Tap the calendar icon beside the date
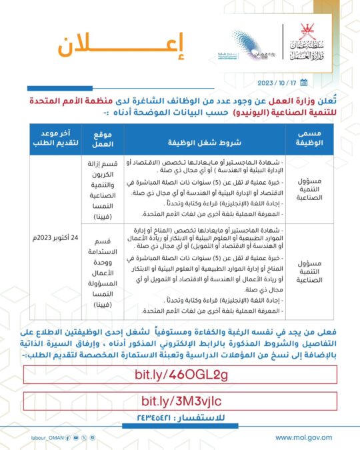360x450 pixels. [303, 83]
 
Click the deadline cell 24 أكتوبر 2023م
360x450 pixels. [55, 237]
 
